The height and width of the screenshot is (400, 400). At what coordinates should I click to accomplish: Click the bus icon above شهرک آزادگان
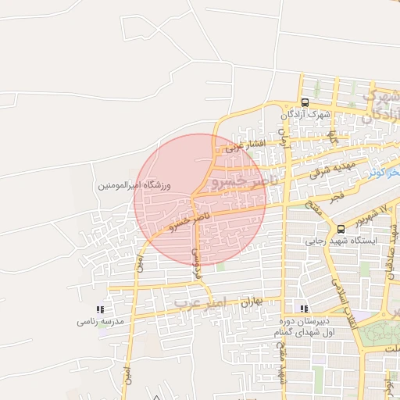point(304,102)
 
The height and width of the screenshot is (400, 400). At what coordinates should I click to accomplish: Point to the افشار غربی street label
point(245,145)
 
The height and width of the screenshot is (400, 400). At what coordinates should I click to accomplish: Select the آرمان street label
point(285,141)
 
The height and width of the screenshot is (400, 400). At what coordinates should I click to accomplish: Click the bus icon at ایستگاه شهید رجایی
point(341,228)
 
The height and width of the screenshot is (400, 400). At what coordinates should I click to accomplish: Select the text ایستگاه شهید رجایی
point(347,241)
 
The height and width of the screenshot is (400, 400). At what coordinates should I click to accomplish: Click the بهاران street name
point(249,301)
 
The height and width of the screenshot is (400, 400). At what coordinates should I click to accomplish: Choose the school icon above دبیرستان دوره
point(304,309)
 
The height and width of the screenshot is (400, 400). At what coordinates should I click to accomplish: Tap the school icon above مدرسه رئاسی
point(98,310)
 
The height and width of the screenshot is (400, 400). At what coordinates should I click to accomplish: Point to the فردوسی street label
point(198,265)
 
